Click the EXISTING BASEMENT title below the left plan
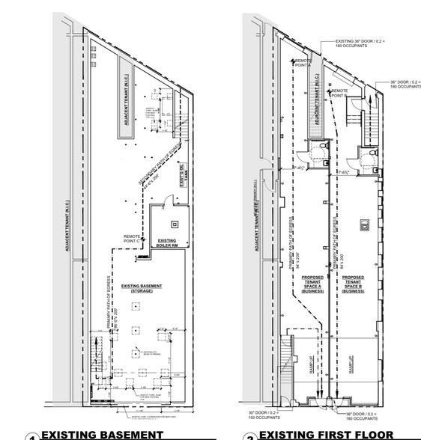102,434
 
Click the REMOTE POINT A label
303,63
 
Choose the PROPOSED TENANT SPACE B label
353,285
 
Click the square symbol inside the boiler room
175,222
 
